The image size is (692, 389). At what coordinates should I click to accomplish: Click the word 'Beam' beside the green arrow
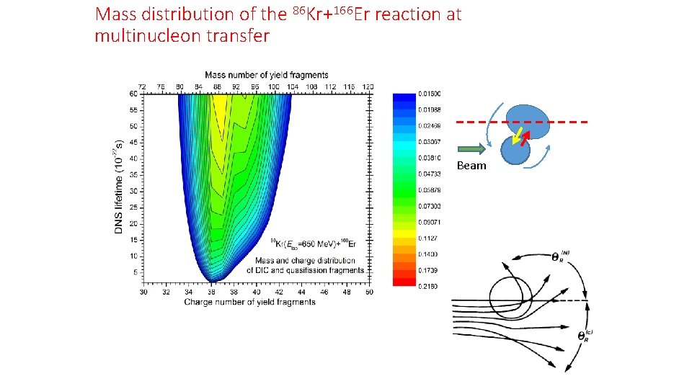click(x=472, y=166)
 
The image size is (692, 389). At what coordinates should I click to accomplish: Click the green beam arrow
click(x=472, y=150)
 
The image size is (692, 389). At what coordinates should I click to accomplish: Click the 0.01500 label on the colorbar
click(x=430, y=94)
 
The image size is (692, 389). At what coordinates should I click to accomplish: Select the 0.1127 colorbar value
click(x=429, y=238)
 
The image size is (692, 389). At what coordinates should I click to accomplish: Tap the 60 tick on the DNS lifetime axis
click(x=134, y=94)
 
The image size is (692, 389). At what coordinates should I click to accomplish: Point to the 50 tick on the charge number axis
click(x=369, y=292)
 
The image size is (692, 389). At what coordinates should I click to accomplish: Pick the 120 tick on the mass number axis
click(x=368, y=86)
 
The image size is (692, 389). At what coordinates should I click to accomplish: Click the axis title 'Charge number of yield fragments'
click(x=249, y=302)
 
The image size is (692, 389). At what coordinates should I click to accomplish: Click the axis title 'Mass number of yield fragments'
click(x=266, y=75)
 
